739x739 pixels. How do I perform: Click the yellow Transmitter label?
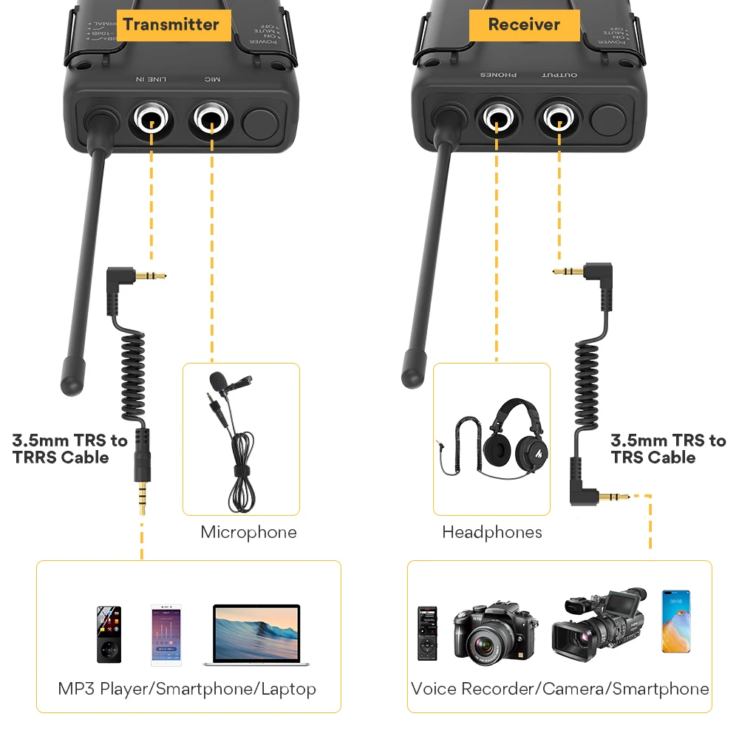(x=171, y=24)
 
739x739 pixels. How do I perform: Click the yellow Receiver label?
(x=524, y=24)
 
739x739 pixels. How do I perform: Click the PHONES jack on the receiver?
(x=497, y=117)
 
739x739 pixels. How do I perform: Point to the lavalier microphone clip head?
(x=219, y=381)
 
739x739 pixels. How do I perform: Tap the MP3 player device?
(x=109, y=634)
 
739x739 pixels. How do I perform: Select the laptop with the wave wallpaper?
(x=256, y=634)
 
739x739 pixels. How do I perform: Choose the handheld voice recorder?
(x=427, y=633)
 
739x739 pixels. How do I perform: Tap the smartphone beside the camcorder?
(x=675, y=621)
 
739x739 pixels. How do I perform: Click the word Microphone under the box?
(x=248, y=532)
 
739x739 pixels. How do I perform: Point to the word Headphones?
(x=491, y=532)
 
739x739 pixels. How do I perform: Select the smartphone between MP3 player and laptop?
(x=166, y=635)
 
